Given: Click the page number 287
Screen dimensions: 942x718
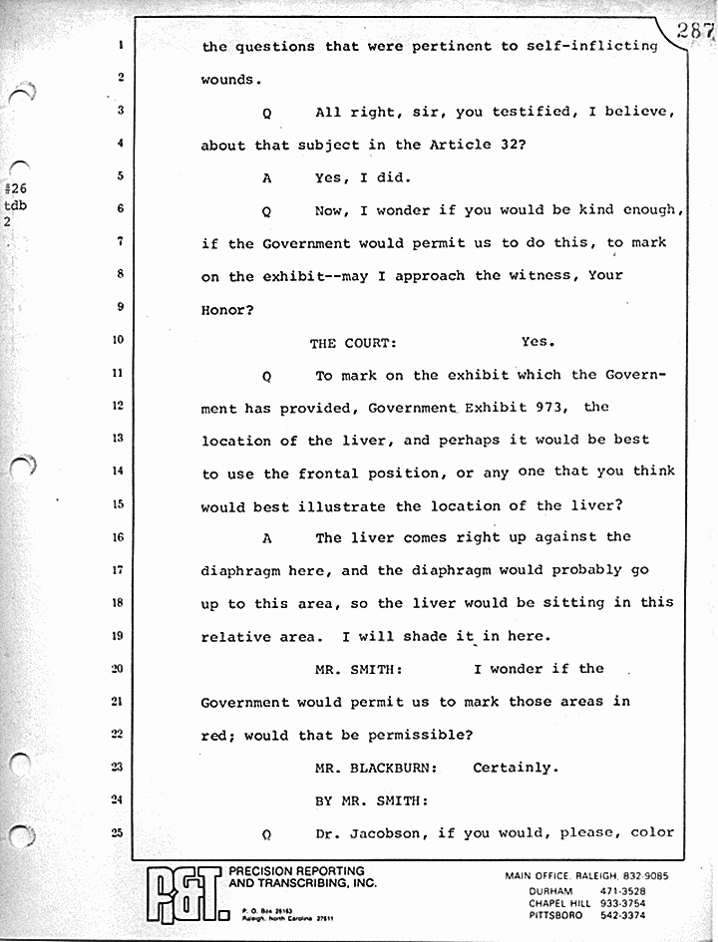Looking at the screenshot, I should pos(694,31).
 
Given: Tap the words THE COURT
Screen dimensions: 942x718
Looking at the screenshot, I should pos(353,343).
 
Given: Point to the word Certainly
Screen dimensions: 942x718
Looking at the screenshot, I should pos(513,768).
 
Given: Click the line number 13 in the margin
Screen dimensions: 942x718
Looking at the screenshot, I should pos(119,438).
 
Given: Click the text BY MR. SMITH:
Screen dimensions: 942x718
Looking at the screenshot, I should pos(371,799).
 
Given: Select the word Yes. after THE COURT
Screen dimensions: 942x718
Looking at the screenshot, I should pos(538,342).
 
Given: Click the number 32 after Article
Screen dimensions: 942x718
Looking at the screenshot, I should pos(508,144).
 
